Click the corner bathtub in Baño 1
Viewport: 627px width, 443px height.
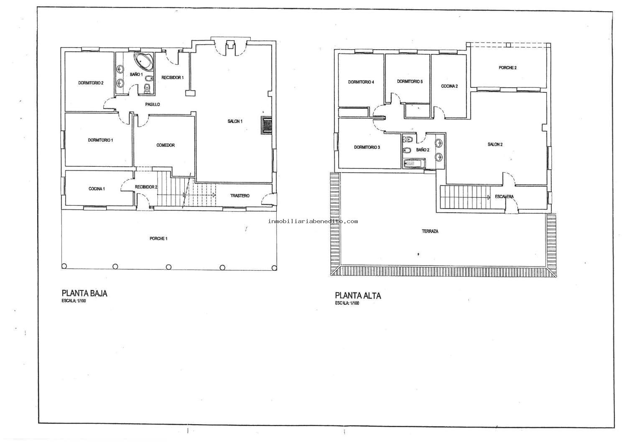pos(144,61)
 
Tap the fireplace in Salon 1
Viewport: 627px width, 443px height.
pos(266,125)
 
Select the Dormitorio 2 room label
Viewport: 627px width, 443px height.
pos(91,83)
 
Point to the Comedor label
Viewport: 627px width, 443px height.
pos(166,145)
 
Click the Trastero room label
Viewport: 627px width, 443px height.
pos(240,196)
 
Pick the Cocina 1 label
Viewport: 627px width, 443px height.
pos(97,189)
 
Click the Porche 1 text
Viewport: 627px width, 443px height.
pos(158,239)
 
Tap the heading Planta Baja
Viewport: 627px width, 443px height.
pos(84,293)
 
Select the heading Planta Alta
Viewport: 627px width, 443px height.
pos(358,295)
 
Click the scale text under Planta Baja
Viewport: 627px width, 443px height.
pos(74,301)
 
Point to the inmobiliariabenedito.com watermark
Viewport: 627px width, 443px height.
pos(313,221)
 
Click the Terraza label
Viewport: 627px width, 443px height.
pos(430,232)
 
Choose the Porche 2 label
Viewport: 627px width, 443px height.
pos(507,68)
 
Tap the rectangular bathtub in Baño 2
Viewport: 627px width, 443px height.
pos(414,164)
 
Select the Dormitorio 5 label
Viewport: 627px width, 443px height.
pos(410,82)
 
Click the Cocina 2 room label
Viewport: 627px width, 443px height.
pos(449,86)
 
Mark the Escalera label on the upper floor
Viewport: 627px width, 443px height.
pos(504,197)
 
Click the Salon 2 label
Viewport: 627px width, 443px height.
pos(495,145)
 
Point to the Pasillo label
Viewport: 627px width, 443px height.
pos(153,104)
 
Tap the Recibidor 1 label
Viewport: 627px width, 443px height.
pos(172,77)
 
